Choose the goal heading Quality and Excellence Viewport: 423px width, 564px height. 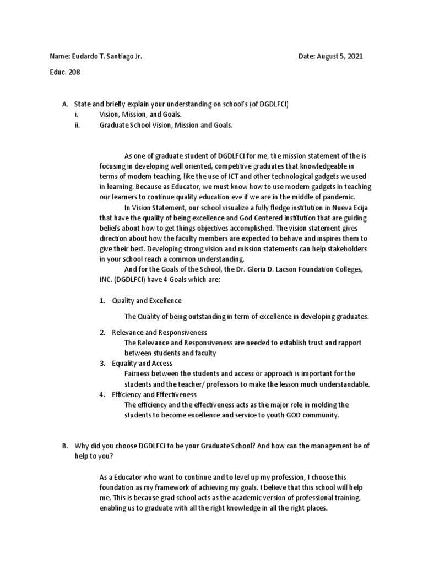tap(147, 301)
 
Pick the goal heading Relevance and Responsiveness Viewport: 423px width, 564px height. tap(159, 333)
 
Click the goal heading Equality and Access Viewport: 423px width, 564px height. tap(142, 364)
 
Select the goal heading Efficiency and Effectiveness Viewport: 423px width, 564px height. tap(154, 395)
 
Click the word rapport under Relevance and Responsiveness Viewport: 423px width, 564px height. tap(348, 343)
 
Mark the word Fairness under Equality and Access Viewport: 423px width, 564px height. tap(139, 373)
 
